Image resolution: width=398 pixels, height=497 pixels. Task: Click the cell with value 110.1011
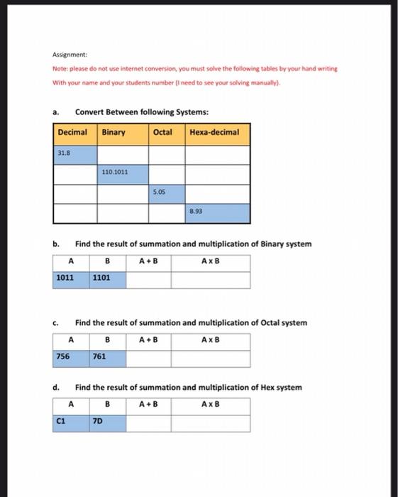click(123, 173)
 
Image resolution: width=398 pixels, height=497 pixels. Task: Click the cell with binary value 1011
click(71, 279)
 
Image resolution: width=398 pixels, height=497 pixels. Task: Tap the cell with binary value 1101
click(108, 279)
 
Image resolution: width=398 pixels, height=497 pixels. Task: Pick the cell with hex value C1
click(71, 423)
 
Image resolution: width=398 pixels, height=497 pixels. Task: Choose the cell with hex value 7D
click(108, 423)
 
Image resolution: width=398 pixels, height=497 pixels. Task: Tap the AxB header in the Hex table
click(211, 405)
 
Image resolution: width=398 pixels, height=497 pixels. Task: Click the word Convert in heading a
click(91, 111)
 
